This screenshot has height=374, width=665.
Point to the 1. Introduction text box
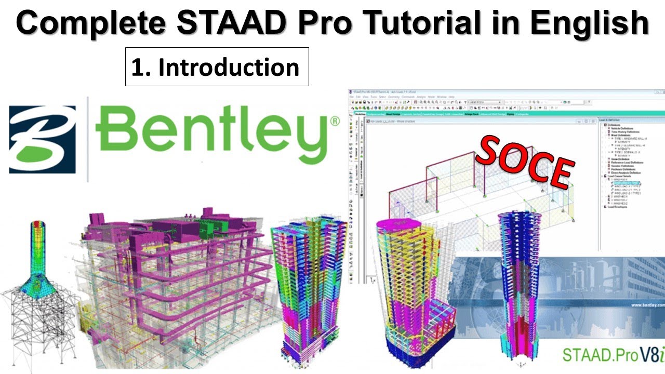click(x=217, y=67)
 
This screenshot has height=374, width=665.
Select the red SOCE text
click(x=525, y=161)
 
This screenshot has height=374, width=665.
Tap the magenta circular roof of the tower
click(x=398, y=225)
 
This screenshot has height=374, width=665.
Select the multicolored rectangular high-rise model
click(x=309, y=280)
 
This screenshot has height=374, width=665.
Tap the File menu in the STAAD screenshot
click(x=352, y=97)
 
